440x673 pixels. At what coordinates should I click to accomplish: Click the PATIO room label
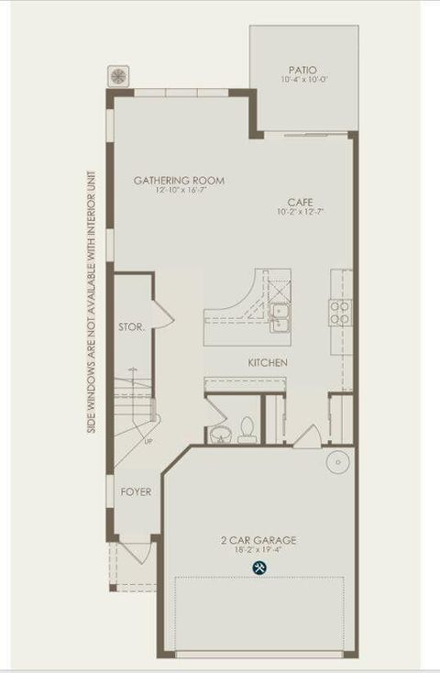pos(302,70)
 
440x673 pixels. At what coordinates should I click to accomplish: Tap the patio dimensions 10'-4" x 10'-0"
pos(302,81)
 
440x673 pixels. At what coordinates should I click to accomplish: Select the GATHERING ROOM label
pos(179,181)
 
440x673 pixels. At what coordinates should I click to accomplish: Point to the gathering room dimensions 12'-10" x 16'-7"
pos(179,191)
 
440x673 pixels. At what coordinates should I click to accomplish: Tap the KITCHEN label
pos(268,363)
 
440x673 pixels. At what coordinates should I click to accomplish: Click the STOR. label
pos(131,326)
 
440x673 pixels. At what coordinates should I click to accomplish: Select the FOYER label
pos(136,492)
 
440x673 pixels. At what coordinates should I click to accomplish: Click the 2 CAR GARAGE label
pos(258,540)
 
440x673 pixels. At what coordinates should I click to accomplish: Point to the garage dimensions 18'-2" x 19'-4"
pos(258,551)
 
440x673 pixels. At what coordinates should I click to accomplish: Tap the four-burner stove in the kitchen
pos(340,313)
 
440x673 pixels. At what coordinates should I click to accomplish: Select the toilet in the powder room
pos(247,429)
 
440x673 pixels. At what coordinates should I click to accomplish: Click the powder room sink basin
pos(220,434)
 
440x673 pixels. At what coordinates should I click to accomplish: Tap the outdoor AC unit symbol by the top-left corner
pos(118,74)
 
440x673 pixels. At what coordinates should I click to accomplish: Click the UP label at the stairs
pos(148,442)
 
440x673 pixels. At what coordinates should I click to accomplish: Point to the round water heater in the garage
pos(338,461)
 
